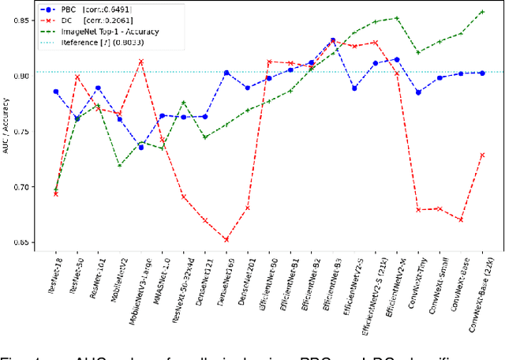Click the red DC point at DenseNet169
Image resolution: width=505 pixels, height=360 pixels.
[x=226, y=239]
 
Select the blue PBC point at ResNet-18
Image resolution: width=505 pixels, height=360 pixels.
[x=55, y=92]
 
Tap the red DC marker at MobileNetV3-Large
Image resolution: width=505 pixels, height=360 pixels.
[x=141, y=62]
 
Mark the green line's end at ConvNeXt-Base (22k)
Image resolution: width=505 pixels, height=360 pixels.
[x=482, y=12]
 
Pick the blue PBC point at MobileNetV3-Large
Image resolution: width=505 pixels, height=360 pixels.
[x=141, y=148]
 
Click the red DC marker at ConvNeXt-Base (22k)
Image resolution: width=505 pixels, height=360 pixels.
[x=482, y=155]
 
